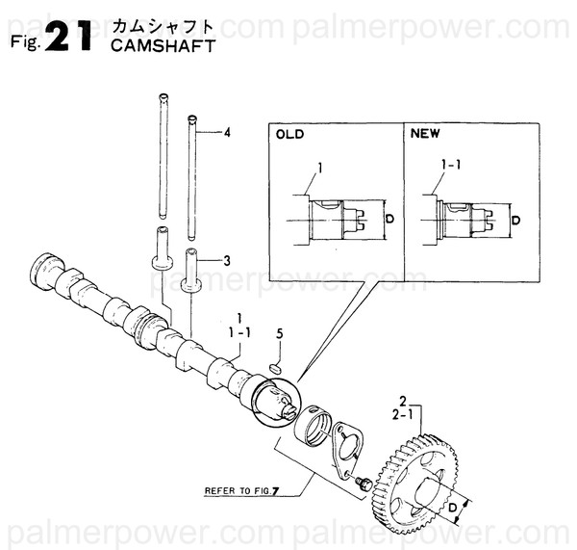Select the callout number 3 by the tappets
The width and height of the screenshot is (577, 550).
227,260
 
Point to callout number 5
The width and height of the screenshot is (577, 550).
279,333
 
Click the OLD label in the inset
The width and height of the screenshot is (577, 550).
289,135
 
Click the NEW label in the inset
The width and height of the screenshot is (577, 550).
424,135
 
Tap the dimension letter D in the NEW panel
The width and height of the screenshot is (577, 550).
517,221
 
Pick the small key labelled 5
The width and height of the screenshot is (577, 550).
274,367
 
